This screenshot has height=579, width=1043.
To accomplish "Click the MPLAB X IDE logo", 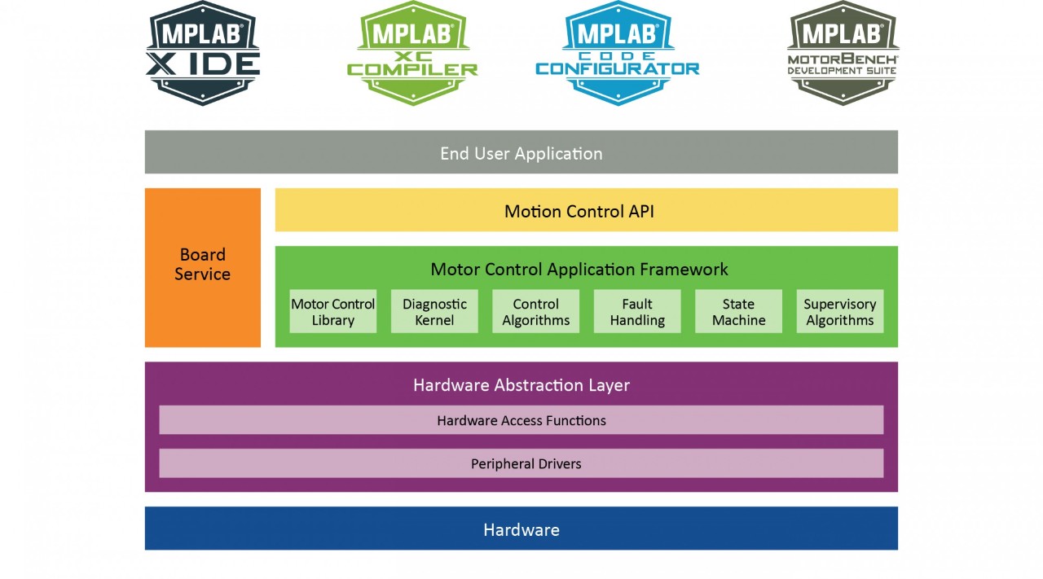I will coord(203,53).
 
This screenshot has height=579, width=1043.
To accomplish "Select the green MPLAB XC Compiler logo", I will coord(412,53).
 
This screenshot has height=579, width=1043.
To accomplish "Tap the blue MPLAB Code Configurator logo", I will coord(617,53).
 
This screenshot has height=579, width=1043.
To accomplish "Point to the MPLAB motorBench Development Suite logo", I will coord(843,53).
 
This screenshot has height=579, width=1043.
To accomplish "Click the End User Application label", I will coord(521,153).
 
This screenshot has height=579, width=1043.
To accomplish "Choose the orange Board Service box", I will coord(202,265).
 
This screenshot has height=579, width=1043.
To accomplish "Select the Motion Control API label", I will coord(579,212).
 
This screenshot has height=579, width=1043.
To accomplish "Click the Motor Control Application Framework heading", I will coord(579,270).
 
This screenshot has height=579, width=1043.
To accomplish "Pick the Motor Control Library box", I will coord(332,312).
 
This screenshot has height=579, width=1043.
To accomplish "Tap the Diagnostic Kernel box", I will coord(434,312).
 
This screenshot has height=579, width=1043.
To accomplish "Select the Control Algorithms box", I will coord(535,312).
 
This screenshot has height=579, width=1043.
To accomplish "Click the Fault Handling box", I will coord(637,312).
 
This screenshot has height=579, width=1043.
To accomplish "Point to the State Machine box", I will coord(738,312).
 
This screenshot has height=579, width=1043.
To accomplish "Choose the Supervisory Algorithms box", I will coord(839,312).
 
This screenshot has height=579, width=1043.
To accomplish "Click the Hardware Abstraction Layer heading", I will coord(521,385).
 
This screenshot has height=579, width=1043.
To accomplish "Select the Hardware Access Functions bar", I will coord(521,421).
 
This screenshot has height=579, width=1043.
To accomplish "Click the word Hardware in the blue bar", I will coord(521,530).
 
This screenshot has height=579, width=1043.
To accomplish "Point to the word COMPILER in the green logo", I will coord(412,70).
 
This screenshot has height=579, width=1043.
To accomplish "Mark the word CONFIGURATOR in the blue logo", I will coord(617,69).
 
